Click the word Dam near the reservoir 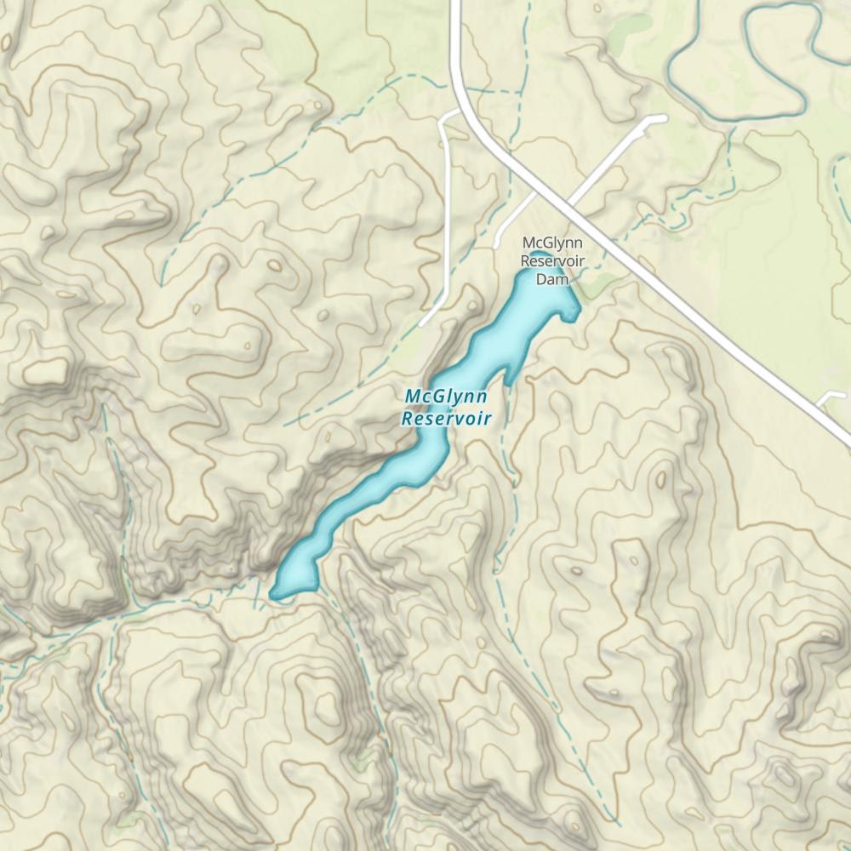[551, 278]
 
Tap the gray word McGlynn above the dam [551, 245]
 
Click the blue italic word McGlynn [446, 397]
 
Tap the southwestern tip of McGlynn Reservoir [274, 593]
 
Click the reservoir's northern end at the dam [538, 255]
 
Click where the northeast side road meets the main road [568, 206]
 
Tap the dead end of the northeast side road [664, 119]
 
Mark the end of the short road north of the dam [497, 247]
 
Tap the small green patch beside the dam [596, 286]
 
